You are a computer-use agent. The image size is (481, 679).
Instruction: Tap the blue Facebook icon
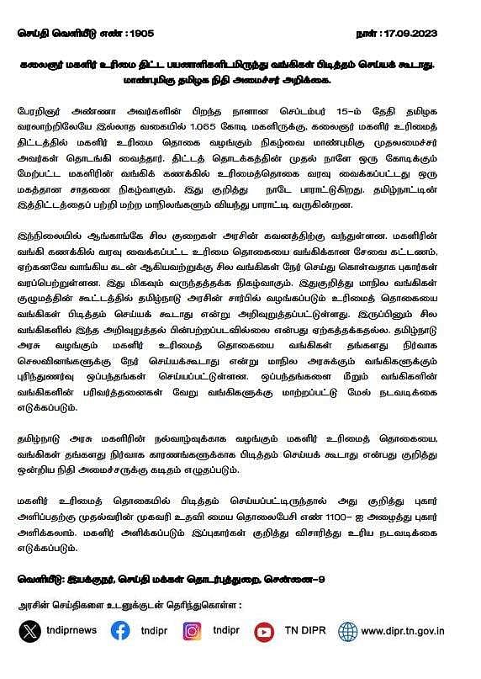pyautogui.click(x=119, y=631)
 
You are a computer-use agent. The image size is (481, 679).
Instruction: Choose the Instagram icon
pyautogui.click(x=192, y=631)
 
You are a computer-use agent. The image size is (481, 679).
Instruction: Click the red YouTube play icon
pyautogui.click(x=264, y=631)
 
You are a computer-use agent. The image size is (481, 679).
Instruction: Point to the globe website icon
pyautogui.click(x=347, y=631)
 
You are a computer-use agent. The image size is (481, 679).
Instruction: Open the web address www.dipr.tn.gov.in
pyautogui.click(x=404, y=631)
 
